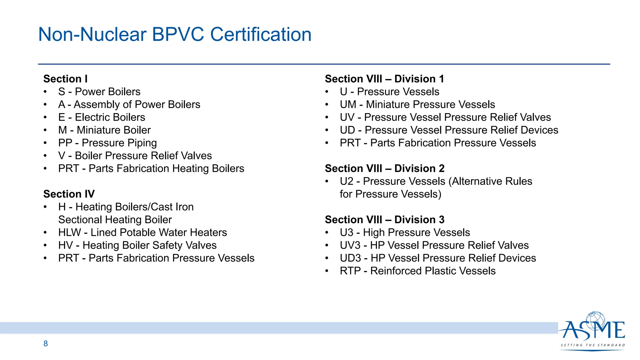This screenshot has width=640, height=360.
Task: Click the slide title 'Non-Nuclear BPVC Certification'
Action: (175, 34)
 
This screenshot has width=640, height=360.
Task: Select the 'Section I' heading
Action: (65, 79)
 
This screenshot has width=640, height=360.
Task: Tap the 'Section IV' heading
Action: (69, 194)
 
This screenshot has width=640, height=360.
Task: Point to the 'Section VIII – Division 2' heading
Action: (384, 168)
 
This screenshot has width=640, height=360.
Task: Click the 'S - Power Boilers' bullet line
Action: (99, 92)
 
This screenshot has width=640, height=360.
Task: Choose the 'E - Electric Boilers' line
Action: (102, 117)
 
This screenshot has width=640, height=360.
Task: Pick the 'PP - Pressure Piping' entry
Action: (107, 143)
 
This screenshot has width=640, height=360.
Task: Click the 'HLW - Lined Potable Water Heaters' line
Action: (142, 232)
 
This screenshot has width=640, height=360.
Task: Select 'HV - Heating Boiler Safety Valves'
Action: (137, 245)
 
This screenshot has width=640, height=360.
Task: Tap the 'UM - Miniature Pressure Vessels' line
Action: (417, 104)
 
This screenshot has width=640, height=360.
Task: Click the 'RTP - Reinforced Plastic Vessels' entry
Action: (417, 271)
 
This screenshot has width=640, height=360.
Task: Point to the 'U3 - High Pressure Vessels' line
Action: (405, 232)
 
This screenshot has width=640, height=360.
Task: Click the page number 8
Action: (46, 344)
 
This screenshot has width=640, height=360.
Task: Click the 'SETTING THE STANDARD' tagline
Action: (592, 345)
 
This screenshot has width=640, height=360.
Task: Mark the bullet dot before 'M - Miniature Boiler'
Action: (45, 130)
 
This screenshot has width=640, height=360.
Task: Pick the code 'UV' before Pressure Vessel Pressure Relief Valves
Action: (347, 117)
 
